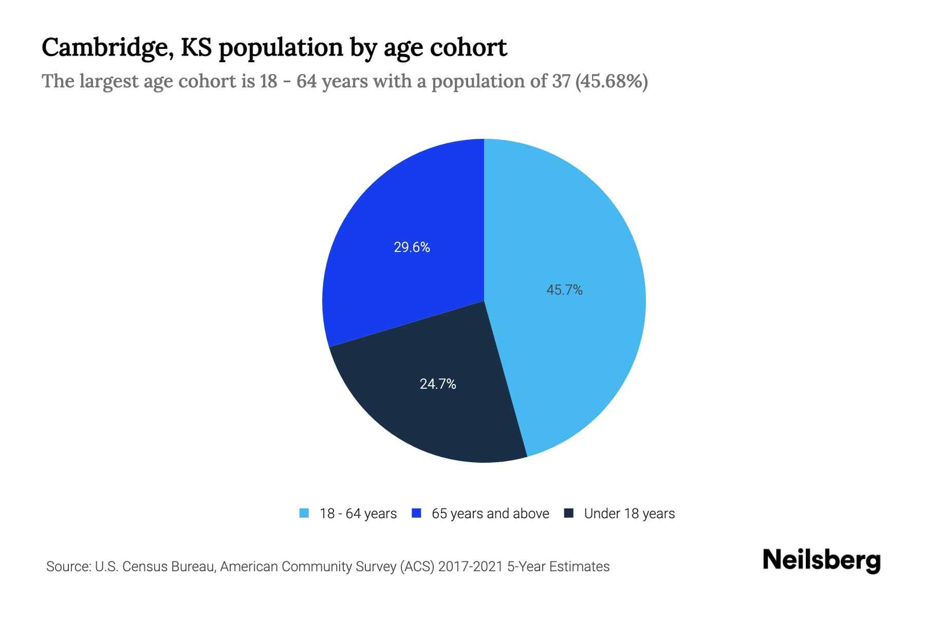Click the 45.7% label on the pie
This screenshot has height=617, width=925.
click(564, 291)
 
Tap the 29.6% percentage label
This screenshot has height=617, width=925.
click(412, 248)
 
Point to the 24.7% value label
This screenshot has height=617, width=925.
click(438, 384)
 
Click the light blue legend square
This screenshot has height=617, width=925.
click(304, 513)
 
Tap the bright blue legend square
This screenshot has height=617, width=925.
click(417, 513)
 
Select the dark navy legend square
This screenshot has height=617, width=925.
click(569, 513)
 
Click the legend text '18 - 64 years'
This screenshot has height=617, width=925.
click(358, 514)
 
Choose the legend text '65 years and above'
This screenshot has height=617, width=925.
click(490, 514)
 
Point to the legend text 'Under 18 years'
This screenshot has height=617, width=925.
click(630, 514)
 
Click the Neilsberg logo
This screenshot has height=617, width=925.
click(821, 560)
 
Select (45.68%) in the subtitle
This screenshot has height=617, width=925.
click(612, 82)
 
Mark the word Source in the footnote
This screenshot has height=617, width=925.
click(67, 567)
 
